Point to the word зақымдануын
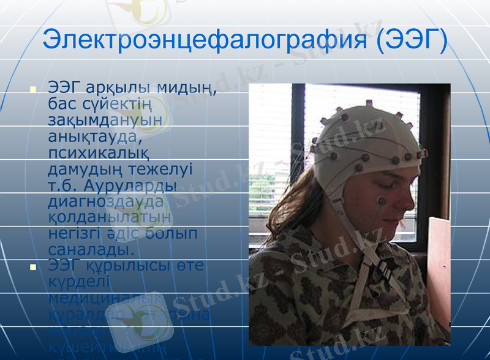click(x=105, y=120)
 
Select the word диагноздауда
click(x=106, y=201)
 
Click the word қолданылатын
click(x=110, y=217)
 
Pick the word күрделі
click(x=78, y=282)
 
